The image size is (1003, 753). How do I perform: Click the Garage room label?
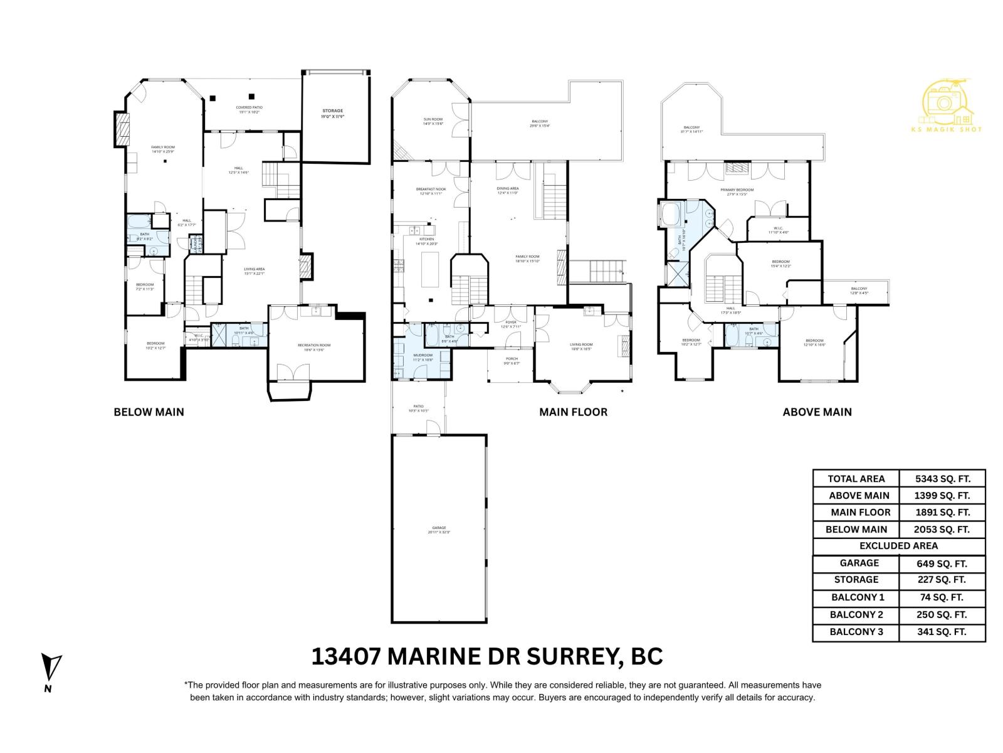tap(439, 530)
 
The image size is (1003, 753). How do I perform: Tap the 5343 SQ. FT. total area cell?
tap(942, 478)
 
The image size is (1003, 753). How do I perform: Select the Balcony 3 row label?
tap(856, 632)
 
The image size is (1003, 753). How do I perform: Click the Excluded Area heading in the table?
tap(898, 546)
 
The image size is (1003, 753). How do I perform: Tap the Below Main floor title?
tap(149, 412)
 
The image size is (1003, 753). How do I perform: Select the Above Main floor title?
tap(817, 412)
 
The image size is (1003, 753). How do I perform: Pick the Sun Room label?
tap(433, 121)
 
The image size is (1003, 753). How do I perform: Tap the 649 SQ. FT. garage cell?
tap(942, 563)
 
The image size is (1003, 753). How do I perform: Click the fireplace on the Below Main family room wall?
tap(122, 130)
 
